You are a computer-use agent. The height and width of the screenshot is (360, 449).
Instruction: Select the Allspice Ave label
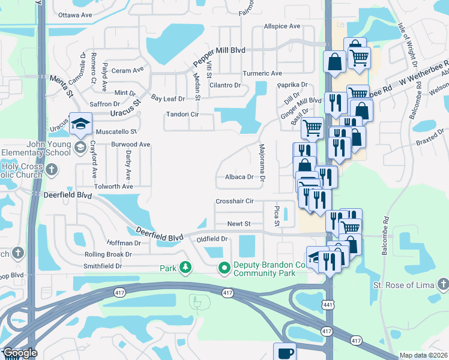(282, 26)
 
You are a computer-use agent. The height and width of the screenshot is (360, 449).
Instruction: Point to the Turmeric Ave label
(262, 73)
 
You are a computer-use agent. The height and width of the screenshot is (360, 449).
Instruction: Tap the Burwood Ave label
(130, 145)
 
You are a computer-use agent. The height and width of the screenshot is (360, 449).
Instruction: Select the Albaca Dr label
(240, 177)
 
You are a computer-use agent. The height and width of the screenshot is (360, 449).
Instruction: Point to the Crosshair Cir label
(235, 201)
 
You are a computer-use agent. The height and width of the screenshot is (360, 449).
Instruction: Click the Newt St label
(238, 223)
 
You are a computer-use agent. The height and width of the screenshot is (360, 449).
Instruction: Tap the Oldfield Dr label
(213, 239)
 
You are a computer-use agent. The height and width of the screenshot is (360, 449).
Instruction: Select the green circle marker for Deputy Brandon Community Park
(224, 268)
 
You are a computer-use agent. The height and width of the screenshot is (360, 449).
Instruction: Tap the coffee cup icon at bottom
(285, 352)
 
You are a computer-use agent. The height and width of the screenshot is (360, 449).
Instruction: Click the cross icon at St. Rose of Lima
(442, 283)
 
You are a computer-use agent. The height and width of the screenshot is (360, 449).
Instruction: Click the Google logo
(20, 353)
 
